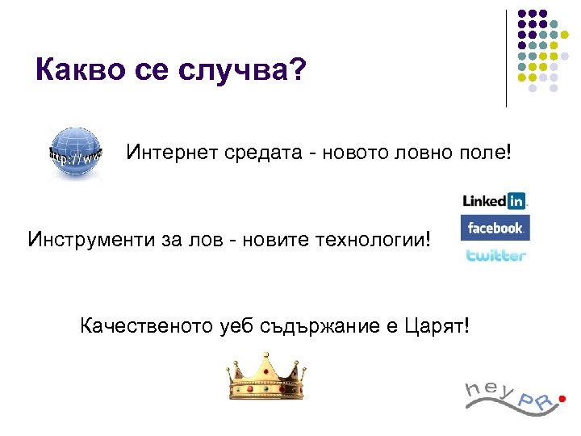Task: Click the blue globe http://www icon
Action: tap(73, 153)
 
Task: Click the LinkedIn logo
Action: tap(494, 201)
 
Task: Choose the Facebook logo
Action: tap(495, 228)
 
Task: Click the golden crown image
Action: tap(265, 377)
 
